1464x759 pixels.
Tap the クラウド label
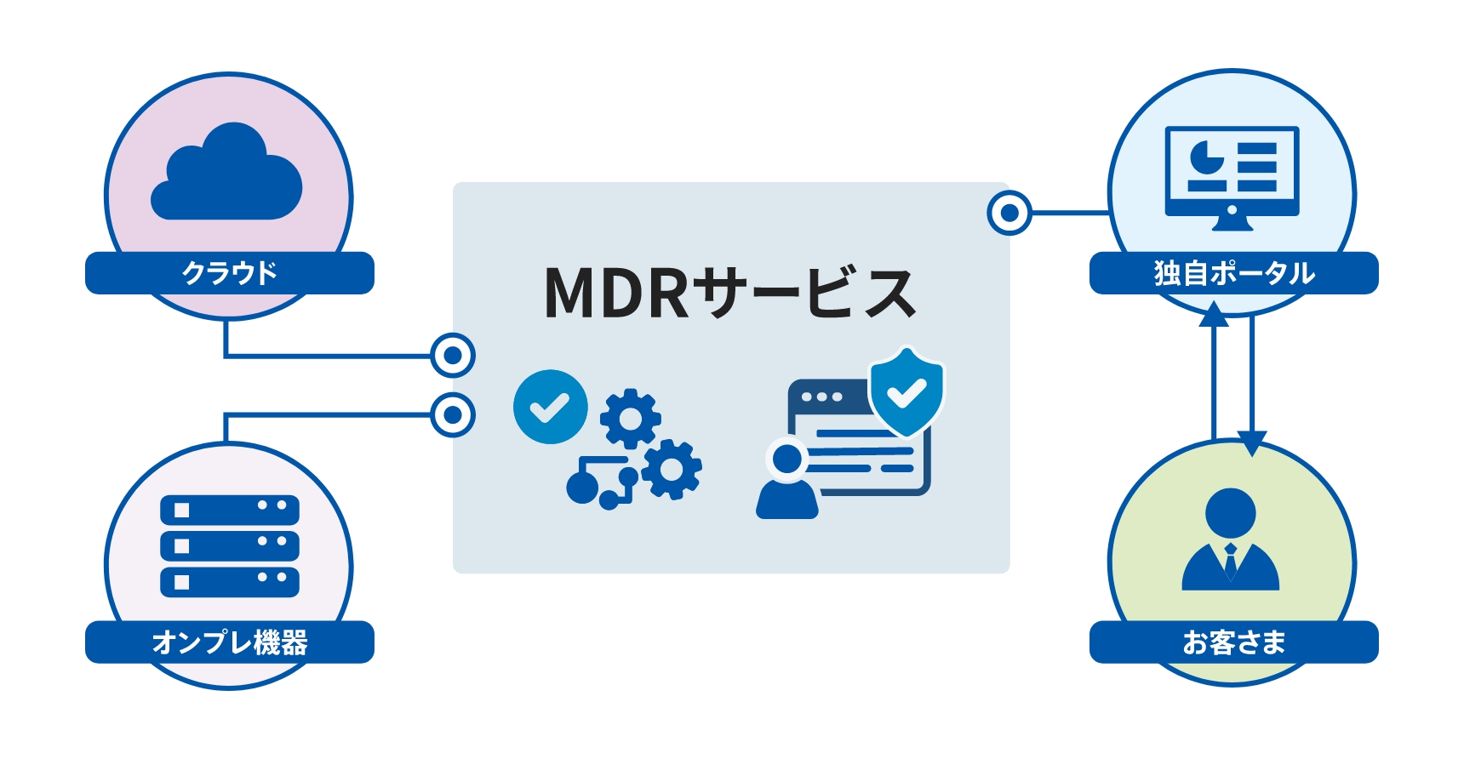click(x=230, y=273)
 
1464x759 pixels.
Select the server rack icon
click(x=230, y=545)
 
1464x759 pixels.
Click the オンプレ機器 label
click(x=230, y=642)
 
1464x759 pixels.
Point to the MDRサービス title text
click(x=729, y=294)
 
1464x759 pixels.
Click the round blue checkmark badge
click(x=550, y=407)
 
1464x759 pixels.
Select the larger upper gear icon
click(x=630, y=418)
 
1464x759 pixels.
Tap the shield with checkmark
click(x=906, y=391)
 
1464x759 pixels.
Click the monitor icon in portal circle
click(x=1232, y=177)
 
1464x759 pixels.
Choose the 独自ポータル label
click(x=1233, y=273)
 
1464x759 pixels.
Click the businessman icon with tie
click(x=1231, y=540)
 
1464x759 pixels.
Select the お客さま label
click(x=1233, y=642)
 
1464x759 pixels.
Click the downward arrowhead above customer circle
click(x=1251, y=442)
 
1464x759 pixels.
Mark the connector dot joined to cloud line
click(x=453, y=355)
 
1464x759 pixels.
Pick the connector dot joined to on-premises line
click(x=453, y=415)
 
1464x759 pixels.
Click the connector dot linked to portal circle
click(x=1009, y=213)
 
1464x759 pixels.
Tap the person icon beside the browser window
click(x=787, y=481)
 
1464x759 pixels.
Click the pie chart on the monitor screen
click(x=1204, y=158)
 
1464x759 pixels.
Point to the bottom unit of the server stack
click(x=230, y=581)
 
